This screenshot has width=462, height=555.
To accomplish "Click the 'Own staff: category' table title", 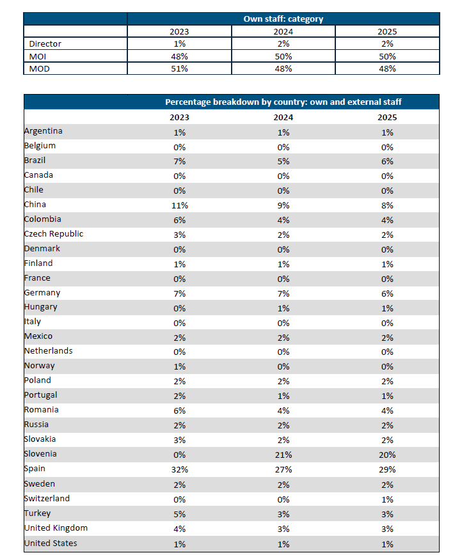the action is pos(283,19).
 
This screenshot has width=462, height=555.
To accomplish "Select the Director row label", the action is pos(45,44).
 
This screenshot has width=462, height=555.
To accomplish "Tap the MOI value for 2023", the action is pos(179,57).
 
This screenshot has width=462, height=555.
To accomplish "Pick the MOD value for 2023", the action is pos(179,68).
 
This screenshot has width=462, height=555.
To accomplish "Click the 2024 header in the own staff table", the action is pos(283,31).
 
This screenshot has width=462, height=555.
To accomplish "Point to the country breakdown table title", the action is pos(283,102).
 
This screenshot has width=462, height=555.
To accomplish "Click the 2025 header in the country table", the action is pos(387,118).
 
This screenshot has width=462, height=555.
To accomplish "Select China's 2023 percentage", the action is pos(180,206).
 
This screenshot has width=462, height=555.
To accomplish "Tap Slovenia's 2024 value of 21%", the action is pos(283,455).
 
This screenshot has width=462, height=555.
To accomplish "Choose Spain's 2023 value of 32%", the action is pos(180,470).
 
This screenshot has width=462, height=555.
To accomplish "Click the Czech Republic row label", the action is pos(54,234).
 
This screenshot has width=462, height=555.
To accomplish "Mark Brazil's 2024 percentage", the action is pos(283,161).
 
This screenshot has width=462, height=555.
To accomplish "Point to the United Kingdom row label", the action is pos(56,528).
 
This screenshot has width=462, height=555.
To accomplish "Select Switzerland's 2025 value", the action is pos(387,499).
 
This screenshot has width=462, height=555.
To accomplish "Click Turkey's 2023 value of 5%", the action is pos(180,514).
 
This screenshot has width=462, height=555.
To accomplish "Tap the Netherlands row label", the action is pos(48,351).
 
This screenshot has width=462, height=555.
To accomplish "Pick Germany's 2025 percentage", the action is pos(387,293).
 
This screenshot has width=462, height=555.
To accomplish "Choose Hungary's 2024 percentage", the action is pos(283,308).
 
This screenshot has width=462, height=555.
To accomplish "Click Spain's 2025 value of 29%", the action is pos(387,470).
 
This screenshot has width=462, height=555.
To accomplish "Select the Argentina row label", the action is pos(44,131).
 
